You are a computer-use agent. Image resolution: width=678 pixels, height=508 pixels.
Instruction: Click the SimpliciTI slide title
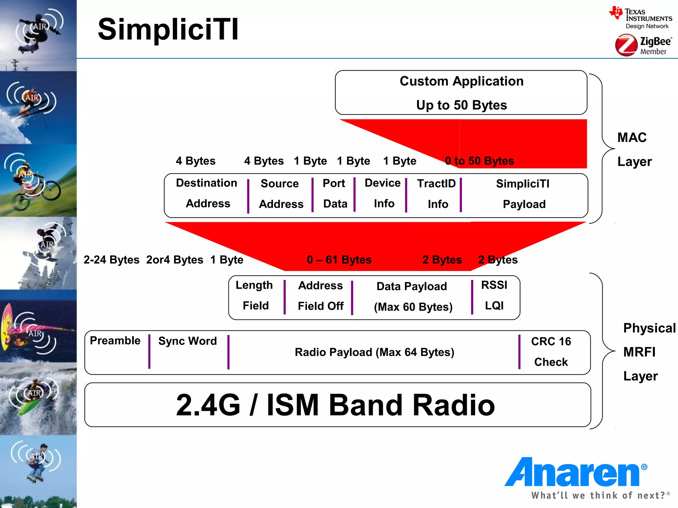click(168, 30)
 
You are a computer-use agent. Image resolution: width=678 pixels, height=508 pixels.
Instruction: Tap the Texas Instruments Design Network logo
click(641, 18)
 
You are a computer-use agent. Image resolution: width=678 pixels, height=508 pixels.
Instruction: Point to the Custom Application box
click(461, 93)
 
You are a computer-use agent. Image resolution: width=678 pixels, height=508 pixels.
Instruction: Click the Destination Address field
click(207, 193)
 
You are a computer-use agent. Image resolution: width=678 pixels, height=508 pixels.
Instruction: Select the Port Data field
click(334, 194)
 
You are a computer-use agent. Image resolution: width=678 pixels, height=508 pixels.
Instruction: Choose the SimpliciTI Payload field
click(523, 194)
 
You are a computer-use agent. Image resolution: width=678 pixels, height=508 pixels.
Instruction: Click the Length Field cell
click(255, 295)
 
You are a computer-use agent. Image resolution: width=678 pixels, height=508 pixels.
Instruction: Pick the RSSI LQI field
click(494, 295)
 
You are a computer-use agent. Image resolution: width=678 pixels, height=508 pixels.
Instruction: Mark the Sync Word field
click(187, 341)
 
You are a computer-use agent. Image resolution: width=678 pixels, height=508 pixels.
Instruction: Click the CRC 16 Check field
click(551, 352)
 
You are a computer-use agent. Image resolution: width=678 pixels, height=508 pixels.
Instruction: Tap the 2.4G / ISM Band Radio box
click(336, 405)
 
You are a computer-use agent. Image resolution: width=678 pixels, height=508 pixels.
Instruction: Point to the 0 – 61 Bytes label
click(339, 260)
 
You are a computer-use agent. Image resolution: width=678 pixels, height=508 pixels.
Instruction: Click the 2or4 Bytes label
click(175, 260)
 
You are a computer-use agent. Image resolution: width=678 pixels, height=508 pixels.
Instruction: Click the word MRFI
click(639, 352)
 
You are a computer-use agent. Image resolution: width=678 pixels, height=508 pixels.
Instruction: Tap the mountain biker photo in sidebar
click(38, 181)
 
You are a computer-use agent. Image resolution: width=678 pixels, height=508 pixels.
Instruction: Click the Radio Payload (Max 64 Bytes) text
click(374, 352)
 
